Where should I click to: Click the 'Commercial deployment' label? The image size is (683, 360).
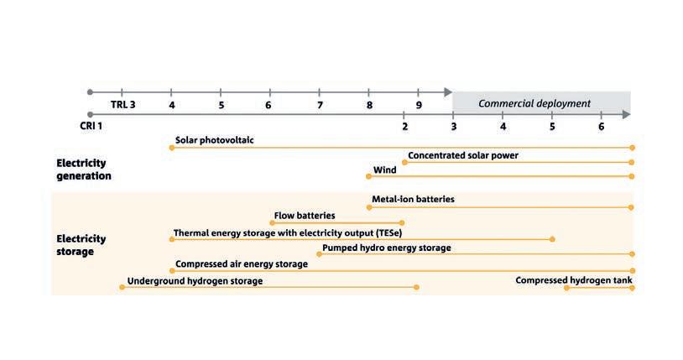click(x=534, y=104)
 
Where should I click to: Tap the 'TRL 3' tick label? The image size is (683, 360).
click(x=123, y=105)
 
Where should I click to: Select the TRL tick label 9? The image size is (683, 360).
click(x=419, y=105)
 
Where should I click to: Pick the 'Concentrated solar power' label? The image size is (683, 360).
click(x=463, y=155)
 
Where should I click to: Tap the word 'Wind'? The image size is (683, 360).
click(x=385, y=170)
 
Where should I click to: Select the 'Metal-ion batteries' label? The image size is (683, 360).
click(x=413, y=200)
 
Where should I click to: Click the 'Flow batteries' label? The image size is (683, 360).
click(x=305, y=216)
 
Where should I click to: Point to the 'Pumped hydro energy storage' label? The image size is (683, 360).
click(x=387, y=248)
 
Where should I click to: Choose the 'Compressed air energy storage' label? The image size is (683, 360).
click(x=242, y=263)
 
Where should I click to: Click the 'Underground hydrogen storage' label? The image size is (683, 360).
click(x=195, y=281)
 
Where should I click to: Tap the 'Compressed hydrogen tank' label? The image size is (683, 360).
click(x=574, y=279)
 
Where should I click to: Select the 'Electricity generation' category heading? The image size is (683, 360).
click(x=83, y=170)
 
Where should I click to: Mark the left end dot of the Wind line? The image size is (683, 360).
click(x=368, y=176)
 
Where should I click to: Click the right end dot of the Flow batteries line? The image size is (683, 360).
click(x=403, y=222)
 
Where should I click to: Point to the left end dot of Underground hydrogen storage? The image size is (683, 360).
click(x=122, y=287)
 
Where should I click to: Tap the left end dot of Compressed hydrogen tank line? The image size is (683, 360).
click(x=566, y=287)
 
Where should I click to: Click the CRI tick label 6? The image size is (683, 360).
click(x=601, y=126)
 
